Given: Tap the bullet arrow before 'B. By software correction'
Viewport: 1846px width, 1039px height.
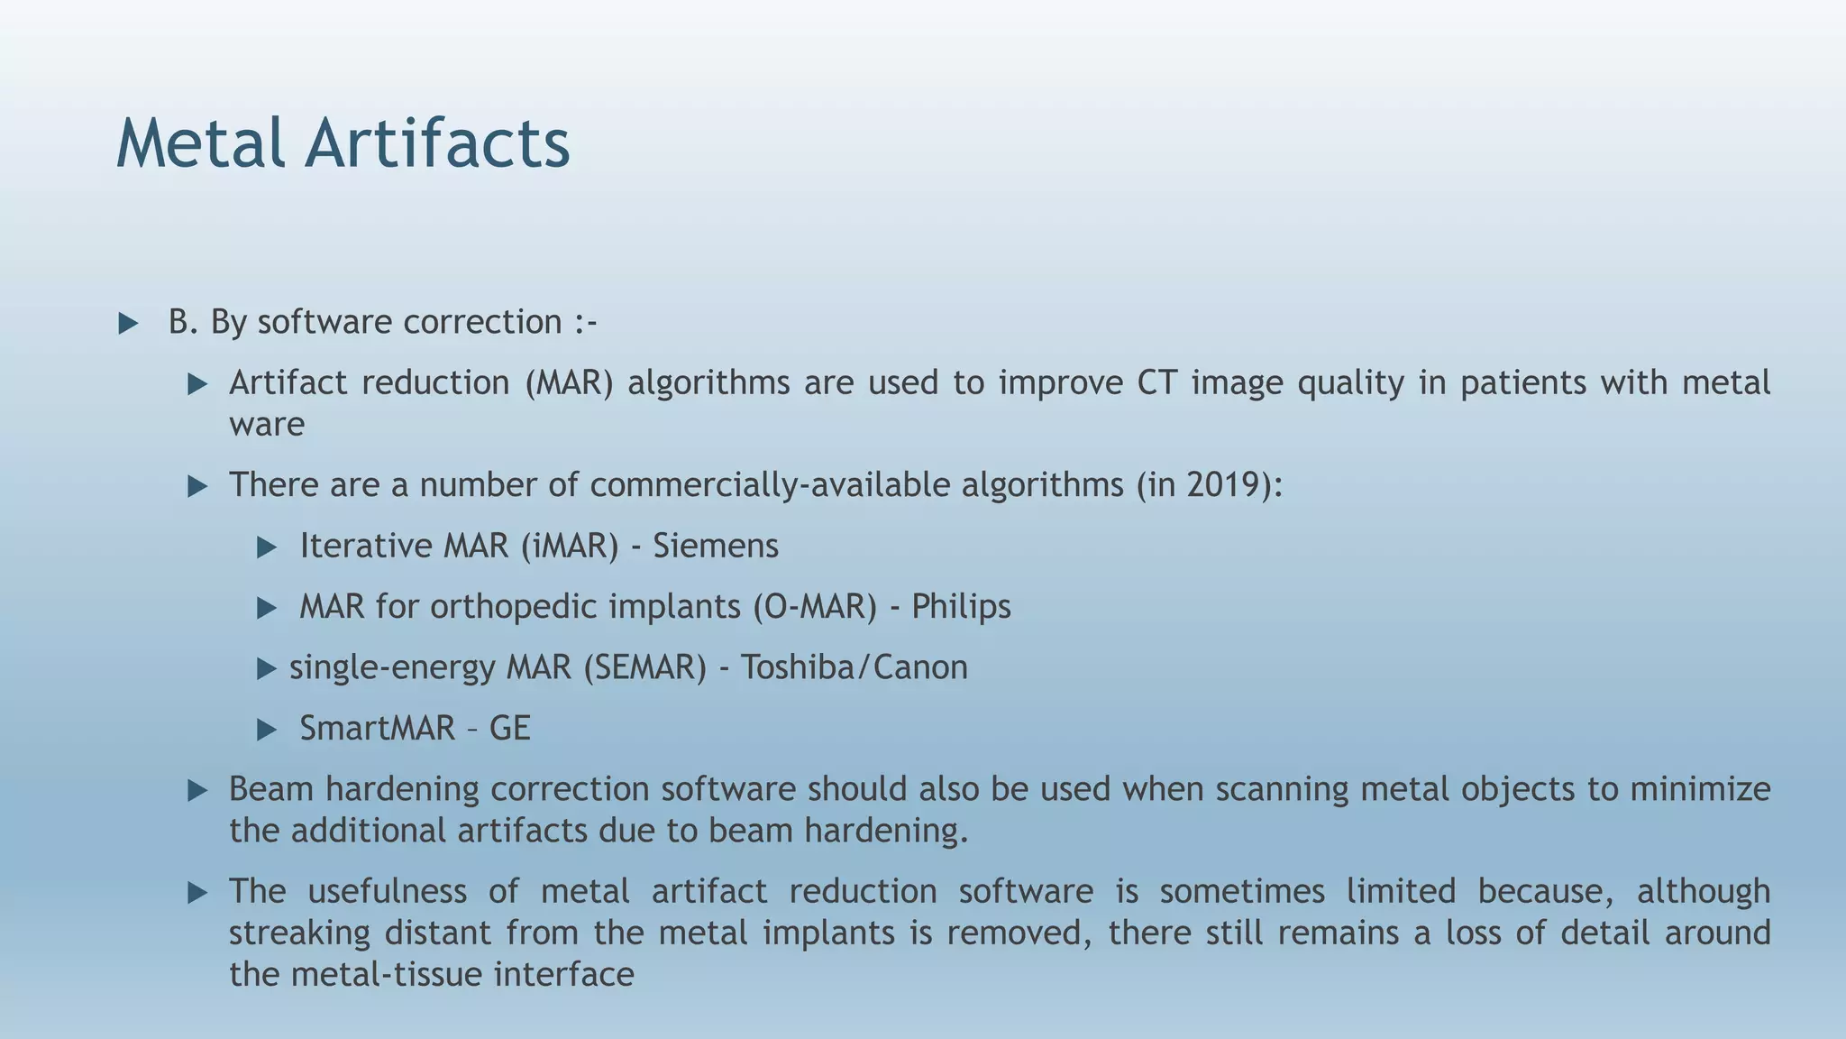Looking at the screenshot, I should coord(129,324).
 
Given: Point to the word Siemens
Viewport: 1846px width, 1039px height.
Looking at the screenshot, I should coord(715,546).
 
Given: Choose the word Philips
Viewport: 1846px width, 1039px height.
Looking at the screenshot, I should coord(961,606).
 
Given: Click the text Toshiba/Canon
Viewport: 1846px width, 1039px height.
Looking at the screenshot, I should coord(854,667).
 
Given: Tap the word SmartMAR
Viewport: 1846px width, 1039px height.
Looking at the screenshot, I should coord(377,728).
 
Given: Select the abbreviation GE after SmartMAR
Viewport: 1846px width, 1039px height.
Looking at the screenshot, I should coord(509,728).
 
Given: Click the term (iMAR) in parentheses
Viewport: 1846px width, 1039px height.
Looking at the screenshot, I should coord(570,546).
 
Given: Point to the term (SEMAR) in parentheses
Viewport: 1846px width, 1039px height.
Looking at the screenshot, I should coord(644,667).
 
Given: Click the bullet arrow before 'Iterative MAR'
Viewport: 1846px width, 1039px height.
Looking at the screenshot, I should coord(267,547).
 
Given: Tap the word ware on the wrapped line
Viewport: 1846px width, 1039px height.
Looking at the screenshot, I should coord(267,425).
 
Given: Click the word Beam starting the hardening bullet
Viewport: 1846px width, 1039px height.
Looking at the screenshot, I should coord(271,789).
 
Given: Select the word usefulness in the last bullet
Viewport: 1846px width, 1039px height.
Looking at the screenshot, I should coord(387,891).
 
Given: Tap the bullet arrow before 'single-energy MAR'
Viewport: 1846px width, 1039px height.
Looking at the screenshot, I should coord(266,668).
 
